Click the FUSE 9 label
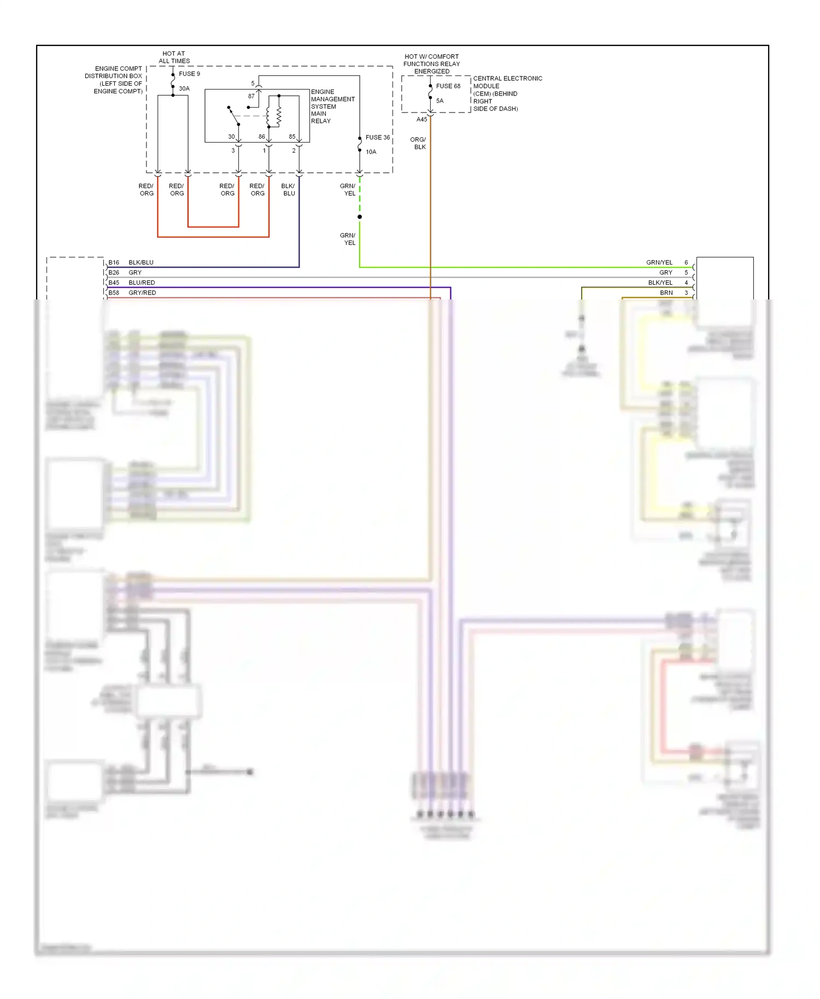point(189,74)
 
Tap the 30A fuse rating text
point(184,89)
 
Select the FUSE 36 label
point(378,138)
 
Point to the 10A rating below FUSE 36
point(371,152)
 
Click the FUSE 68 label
point(448,86)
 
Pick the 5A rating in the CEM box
point(440,101)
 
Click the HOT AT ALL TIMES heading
point(174,57)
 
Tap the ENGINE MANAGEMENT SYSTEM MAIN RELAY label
point(332,107)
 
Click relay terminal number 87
point(251,96)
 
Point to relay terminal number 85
point(292,137)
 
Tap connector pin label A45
point(421,120)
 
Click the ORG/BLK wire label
point(418,143)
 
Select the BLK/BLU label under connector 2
point(288,190)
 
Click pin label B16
point(114,263)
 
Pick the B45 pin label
point(114,283)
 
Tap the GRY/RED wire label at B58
point(142,293)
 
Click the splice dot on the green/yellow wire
point(360,217)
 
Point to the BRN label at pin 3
point(666,293)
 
